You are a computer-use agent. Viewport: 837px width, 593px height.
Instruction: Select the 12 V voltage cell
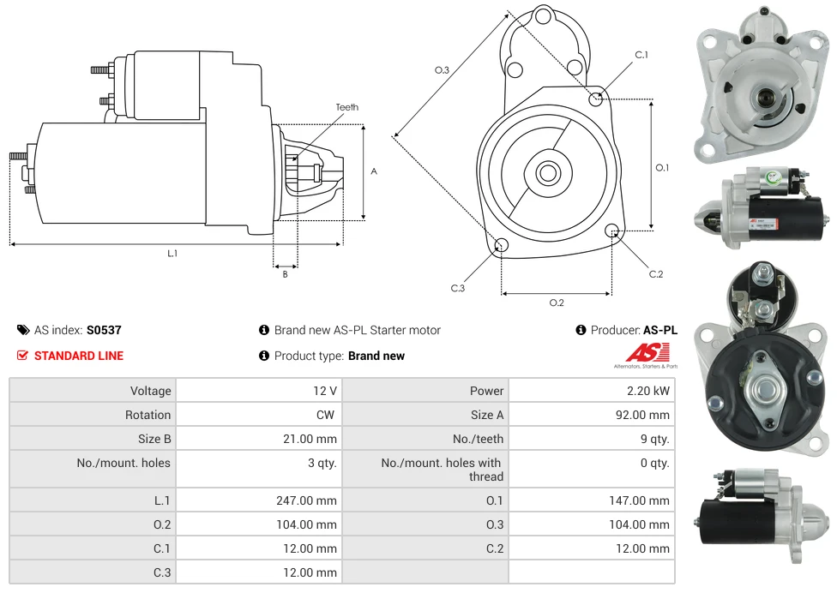pyautogui.click(x=324, y=391)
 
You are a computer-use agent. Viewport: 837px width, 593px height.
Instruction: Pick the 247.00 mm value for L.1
pyautogui.click(x=306, y=500)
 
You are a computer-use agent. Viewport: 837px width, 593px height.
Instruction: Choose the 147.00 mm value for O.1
pyautogui.click(x=639, y=500)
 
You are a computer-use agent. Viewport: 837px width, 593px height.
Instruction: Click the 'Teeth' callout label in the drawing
pyautogui.click(x=347, y=107)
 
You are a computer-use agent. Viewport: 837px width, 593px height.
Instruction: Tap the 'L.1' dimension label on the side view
pyautogui.click(x=172, y=254)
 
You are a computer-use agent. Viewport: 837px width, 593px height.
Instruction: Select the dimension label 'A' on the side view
pyautogui.click(x=374, y=171)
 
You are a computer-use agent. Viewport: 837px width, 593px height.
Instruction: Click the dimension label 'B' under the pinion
pyautogui.click(x=286, y=274)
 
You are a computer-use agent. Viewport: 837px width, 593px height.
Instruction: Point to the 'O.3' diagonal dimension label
pyautogui.click(x=442, y=70)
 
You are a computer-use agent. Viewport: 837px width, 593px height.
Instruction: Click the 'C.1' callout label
pyautogui.click(x=641, y=55)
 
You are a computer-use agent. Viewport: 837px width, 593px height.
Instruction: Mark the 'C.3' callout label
pyautogui.click(x=458, y=288)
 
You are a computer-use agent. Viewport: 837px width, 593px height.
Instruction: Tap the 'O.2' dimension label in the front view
pyautogui.click(x=557, y=302)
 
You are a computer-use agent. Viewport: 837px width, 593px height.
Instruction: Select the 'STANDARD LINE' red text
pyautogui.click(x=78, y=356)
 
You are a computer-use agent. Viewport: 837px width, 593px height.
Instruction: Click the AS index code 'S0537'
pyautogui.click(x=104, y=330)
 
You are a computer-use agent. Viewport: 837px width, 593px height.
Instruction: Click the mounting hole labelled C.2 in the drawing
pyautogui.click(x=612, y=231)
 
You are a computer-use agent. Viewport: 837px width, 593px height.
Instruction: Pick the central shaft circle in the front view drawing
pyautogui.click(x=547, y=173)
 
